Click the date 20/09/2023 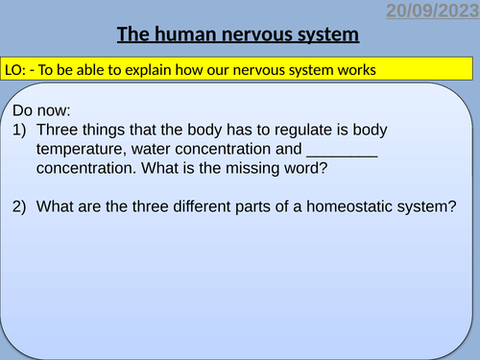[432, 12]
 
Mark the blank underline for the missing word [342, 152]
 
